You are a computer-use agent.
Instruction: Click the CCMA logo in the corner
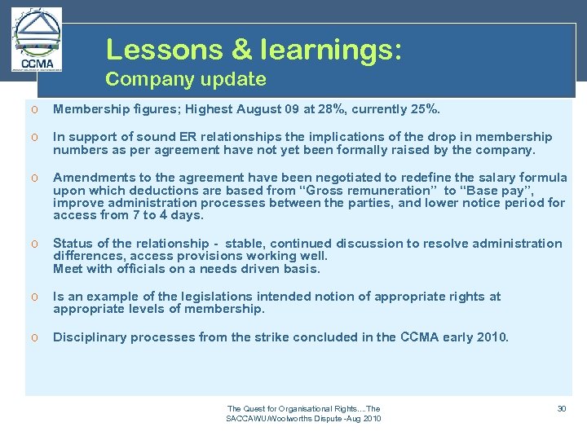(x=37, y=40)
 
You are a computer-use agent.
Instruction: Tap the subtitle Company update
(x=186, y=79)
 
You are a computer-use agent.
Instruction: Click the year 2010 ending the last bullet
(x=491, y=337)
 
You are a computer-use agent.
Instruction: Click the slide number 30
(x=562, y=408)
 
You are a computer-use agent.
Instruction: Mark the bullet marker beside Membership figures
(x=35, y=109)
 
